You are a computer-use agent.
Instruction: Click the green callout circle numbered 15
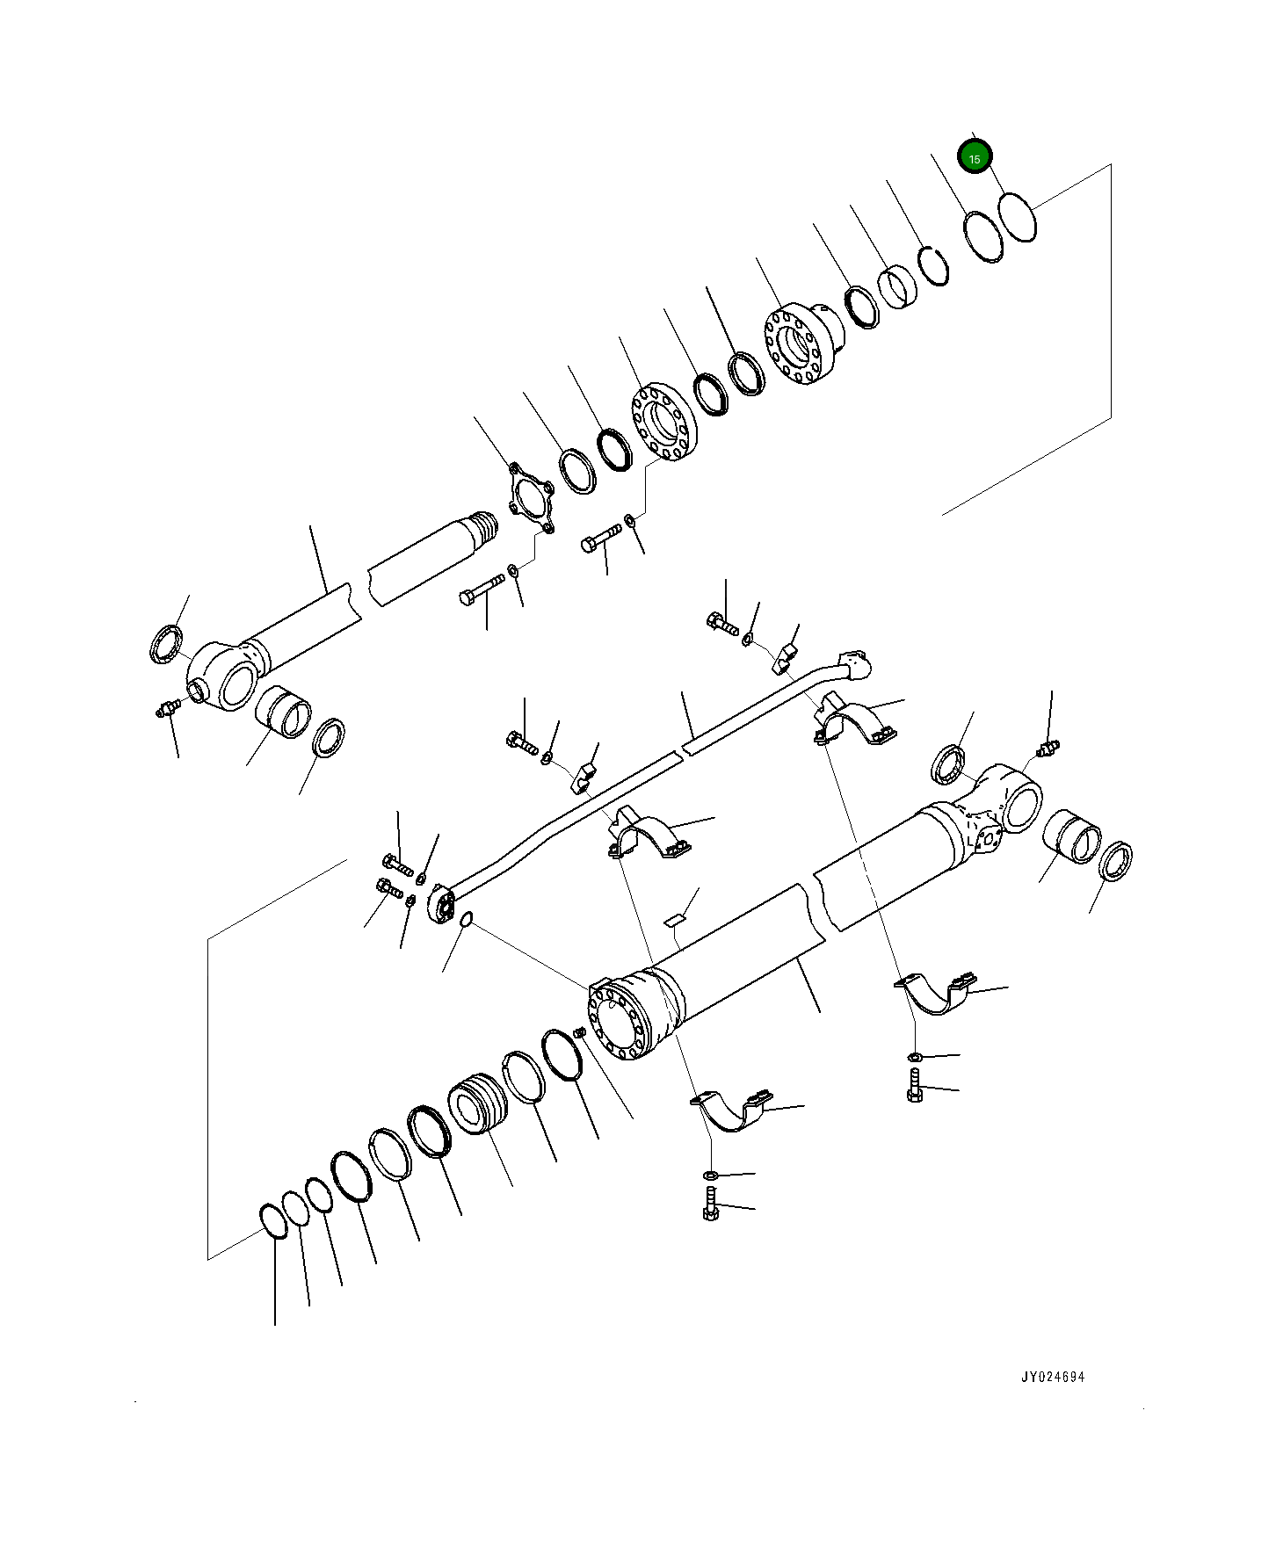974,157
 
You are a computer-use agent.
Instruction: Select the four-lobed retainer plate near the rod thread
530,502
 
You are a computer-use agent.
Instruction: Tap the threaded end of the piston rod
484,527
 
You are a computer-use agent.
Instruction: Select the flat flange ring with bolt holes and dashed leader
663,423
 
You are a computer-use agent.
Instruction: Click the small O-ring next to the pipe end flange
467,920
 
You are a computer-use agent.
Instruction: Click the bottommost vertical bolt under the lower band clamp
711,1205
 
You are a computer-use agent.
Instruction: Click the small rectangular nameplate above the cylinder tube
675,919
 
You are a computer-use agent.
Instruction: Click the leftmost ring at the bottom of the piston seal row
273,1221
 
